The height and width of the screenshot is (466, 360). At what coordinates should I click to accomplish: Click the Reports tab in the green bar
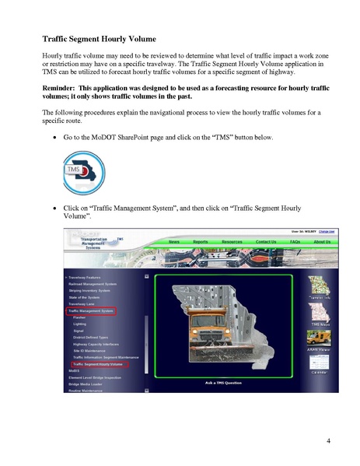[201, 242]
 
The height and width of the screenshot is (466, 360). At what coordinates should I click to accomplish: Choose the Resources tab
[232, 242]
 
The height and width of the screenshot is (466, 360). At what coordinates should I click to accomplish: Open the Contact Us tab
[266, 242]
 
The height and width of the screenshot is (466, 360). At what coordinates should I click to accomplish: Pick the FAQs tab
[295, 242]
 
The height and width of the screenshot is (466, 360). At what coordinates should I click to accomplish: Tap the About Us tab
[322, 242]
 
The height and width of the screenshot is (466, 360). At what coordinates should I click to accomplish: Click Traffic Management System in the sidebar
[91, 310]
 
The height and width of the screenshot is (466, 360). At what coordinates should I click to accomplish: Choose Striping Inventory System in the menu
[93, 290]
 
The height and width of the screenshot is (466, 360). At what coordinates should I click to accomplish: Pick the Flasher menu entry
[79, 317]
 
